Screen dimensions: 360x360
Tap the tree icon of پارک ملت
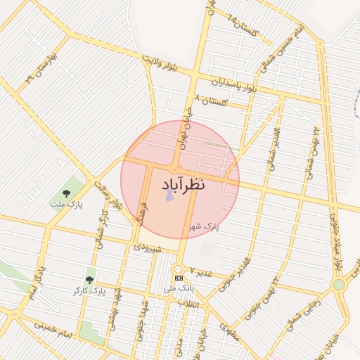coord(66,193)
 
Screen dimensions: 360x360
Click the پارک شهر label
coord(205,226)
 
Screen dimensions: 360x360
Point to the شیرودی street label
coord(148,247)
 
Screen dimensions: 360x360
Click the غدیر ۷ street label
coord(200,271)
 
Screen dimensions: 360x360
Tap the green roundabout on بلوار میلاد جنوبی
coord(339,285)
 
